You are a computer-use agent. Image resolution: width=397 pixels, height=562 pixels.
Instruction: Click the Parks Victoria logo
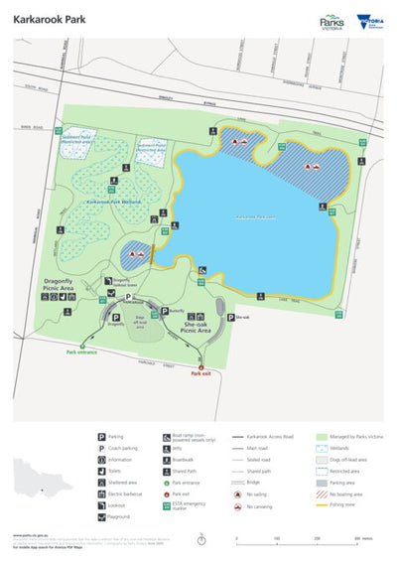(332, 21)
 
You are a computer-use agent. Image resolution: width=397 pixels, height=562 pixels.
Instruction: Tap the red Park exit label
(201, 373)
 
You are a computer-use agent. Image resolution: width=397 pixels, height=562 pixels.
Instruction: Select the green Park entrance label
(85, 351)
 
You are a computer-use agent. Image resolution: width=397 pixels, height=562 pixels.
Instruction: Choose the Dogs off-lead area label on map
(139, 325)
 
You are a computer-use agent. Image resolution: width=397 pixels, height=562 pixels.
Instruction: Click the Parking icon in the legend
(102, 436)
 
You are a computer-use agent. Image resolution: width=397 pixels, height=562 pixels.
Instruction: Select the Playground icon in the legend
(102, 517)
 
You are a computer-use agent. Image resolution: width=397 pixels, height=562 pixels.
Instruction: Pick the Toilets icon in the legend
(102, 471)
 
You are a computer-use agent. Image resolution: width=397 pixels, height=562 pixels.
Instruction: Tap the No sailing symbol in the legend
(238, 493)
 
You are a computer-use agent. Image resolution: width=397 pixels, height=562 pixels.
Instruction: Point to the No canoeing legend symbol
(238, 506)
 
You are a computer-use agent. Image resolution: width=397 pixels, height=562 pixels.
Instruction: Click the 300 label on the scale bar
(356, 538)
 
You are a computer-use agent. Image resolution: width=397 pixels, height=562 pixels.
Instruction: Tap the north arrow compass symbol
(201, 539)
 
